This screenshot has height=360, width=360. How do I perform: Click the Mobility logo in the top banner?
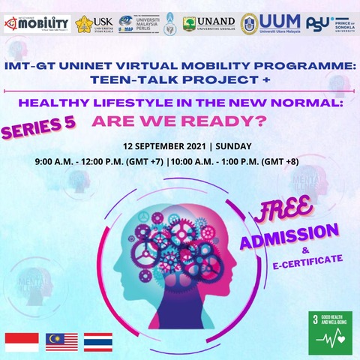click(37, 23)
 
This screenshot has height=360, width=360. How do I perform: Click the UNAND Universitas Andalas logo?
click(209, 23)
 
